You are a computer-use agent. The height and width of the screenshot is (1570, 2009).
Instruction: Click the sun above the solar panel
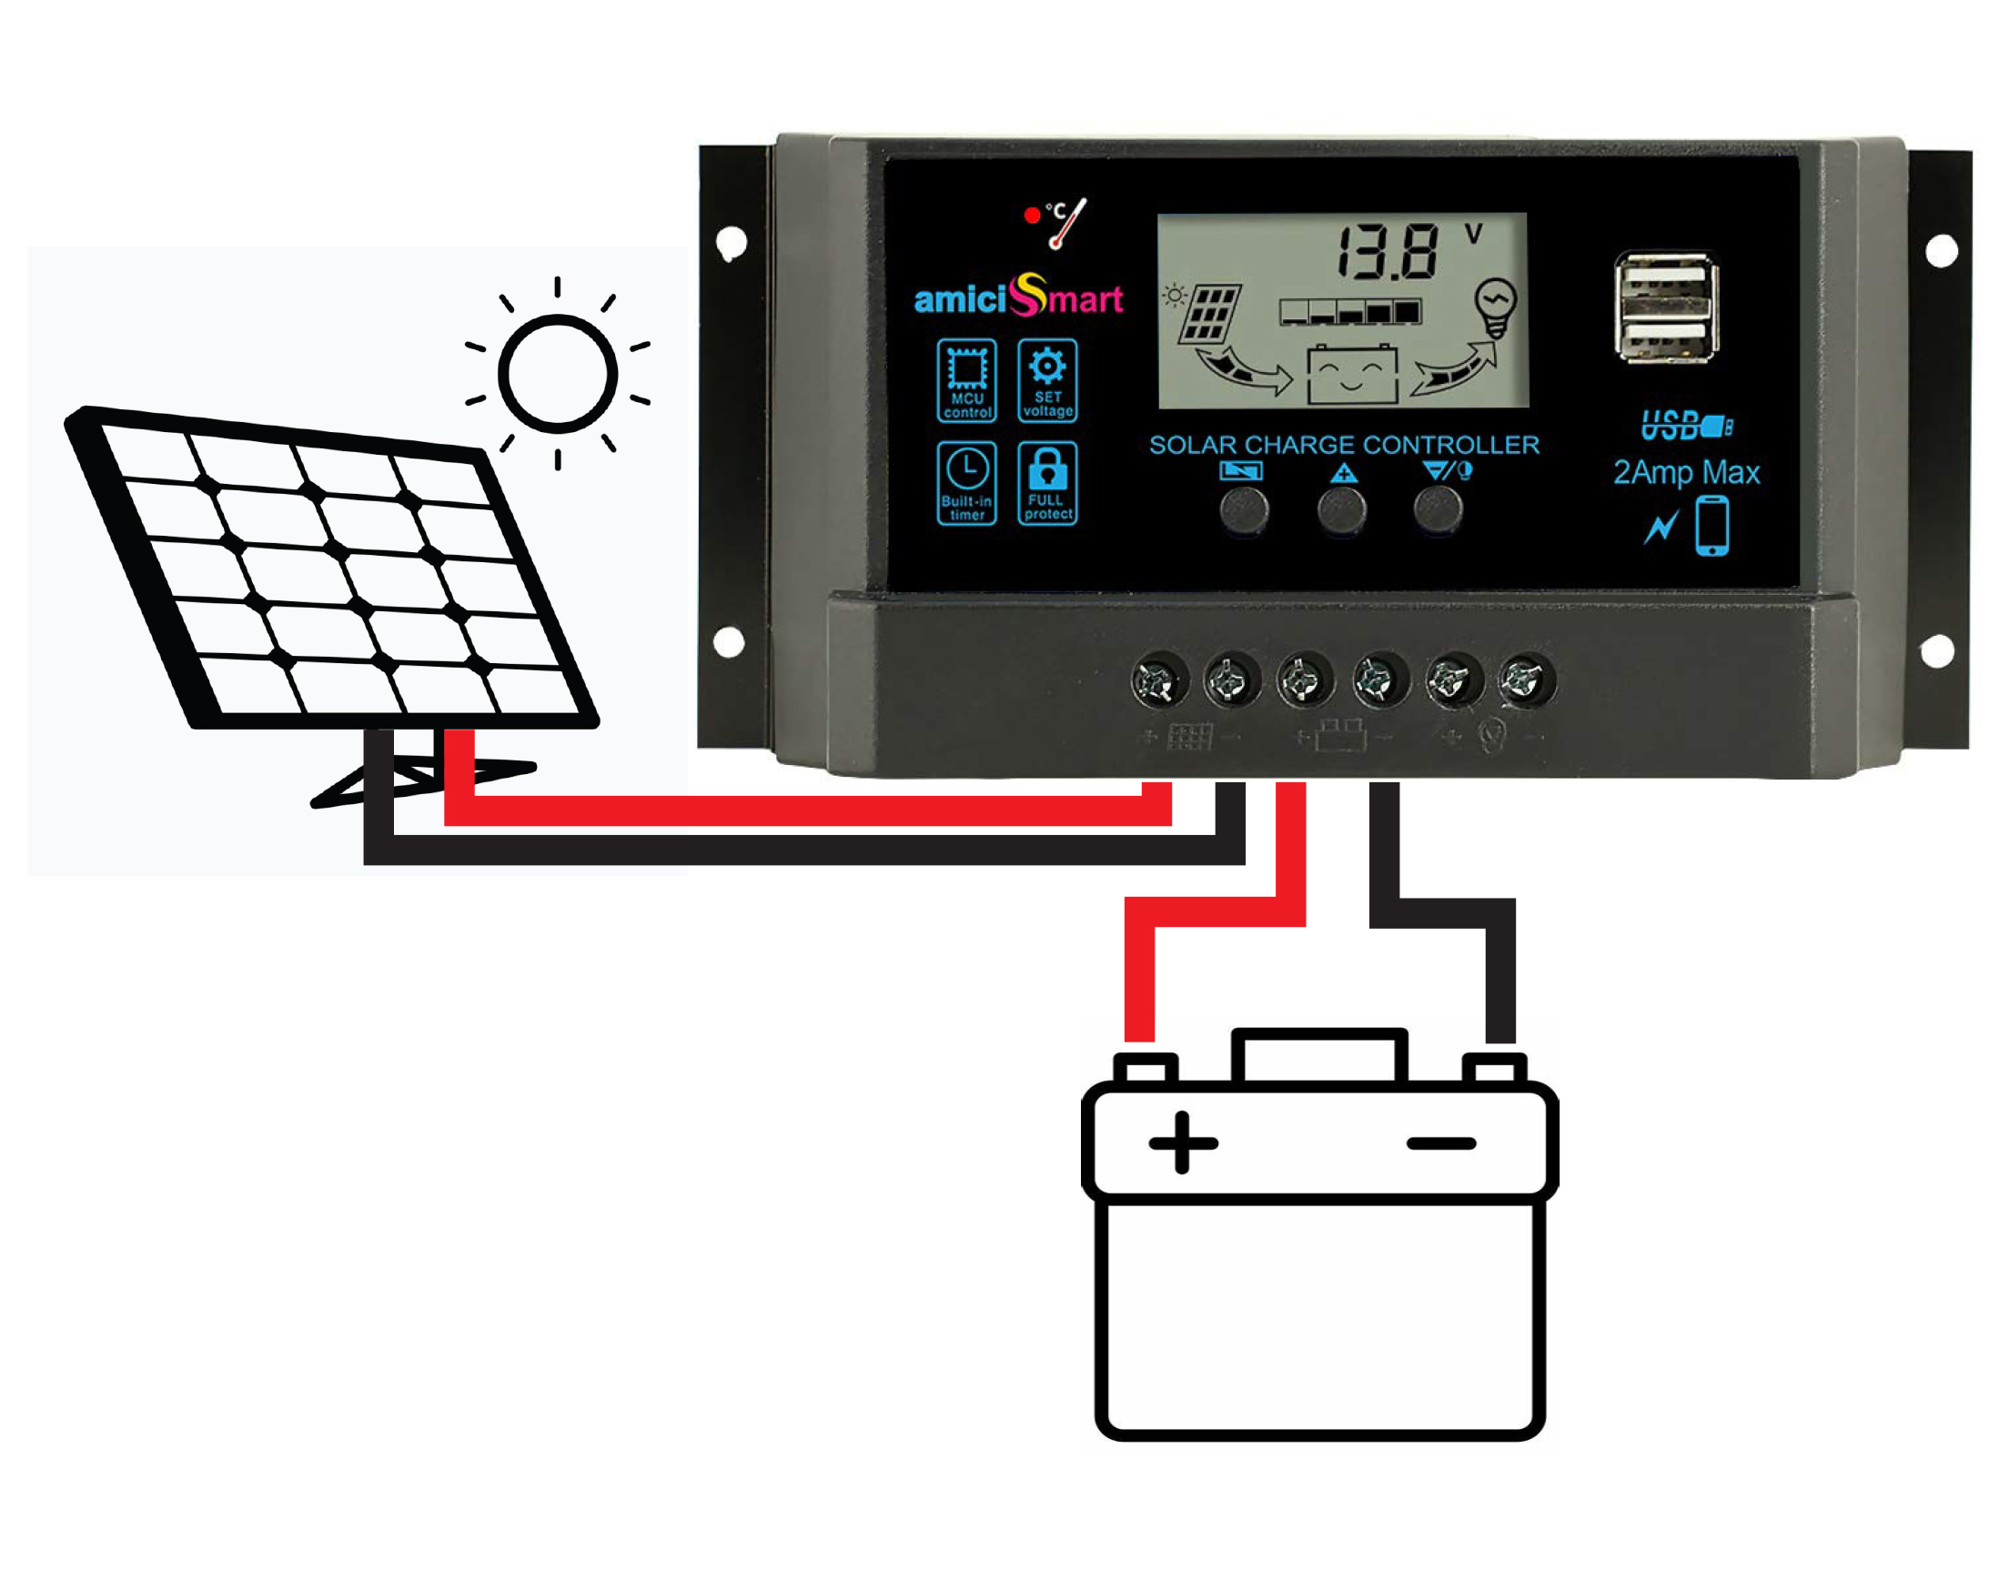tap(558, 374)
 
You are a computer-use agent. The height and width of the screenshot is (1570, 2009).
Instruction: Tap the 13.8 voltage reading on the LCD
tap(1387, 251)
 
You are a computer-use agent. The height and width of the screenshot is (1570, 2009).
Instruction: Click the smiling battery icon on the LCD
tap(1351, 374)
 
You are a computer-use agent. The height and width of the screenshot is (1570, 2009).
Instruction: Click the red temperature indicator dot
tap(1032, 216)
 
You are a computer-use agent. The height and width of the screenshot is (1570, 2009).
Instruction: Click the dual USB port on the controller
tap(1666, 307)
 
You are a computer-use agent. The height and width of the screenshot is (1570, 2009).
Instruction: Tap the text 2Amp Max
tap(1686, 472)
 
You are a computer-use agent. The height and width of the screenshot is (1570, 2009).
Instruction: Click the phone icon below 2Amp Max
tap(1711, 525)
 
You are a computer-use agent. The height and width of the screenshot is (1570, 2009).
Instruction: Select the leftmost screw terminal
tap(1158, 681)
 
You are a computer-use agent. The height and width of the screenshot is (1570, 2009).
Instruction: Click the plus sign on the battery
tap(1183, 1143)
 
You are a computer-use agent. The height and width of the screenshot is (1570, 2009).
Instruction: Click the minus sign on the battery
tap(1441, 1144)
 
